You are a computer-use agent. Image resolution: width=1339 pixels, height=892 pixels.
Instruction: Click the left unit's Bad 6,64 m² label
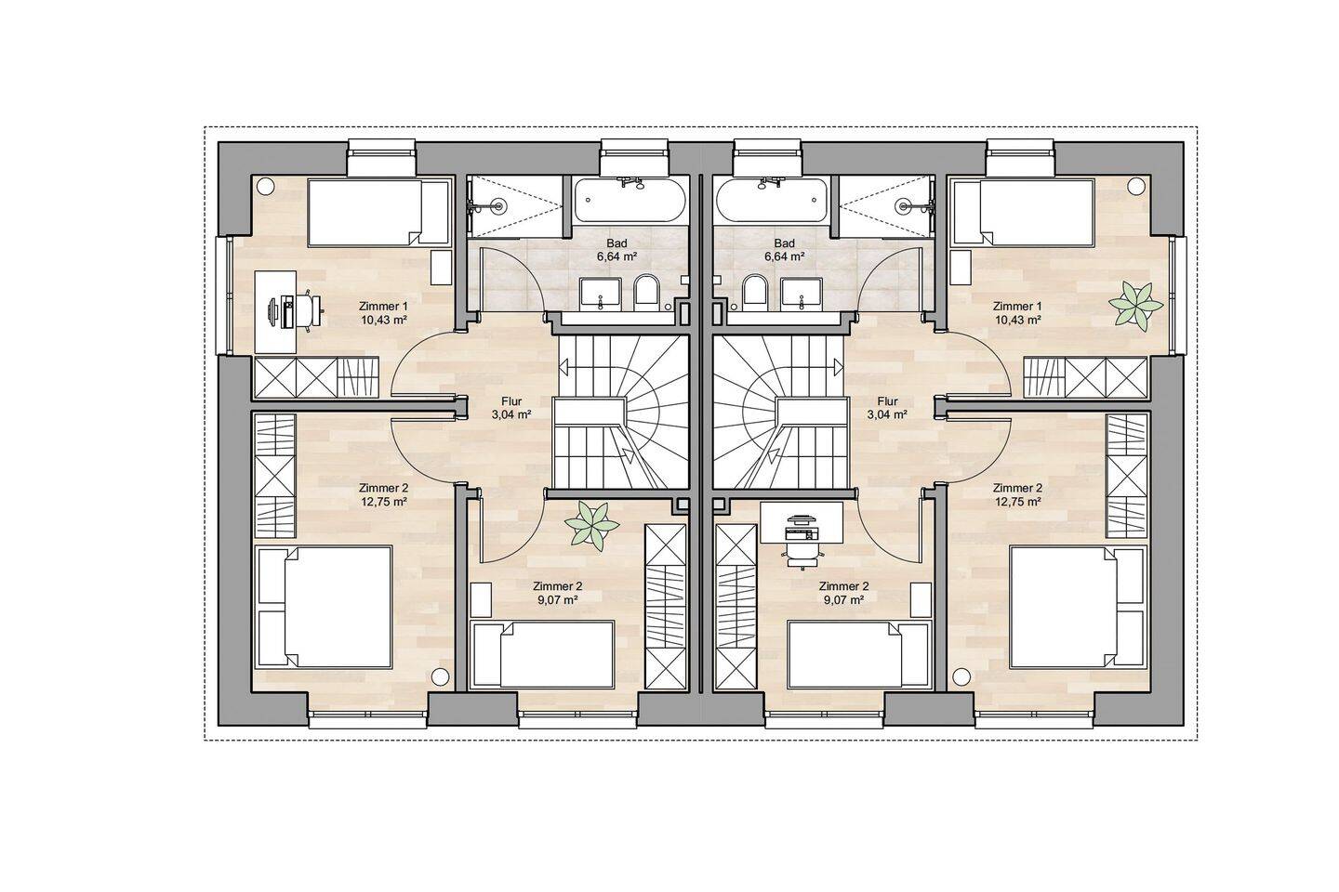[616, 250]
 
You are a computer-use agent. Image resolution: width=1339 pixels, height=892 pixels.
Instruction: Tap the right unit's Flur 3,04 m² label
[888, 408]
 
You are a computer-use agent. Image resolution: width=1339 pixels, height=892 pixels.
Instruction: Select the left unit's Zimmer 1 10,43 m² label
[383, 313]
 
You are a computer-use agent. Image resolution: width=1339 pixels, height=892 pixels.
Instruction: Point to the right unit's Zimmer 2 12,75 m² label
[1017, 494]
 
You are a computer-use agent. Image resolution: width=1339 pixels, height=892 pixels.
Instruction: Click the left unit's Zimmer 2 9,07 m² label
[557, 593]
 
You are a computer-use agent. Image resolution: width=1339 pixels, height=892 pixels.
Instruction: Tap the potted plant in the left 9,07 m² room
[592, 526]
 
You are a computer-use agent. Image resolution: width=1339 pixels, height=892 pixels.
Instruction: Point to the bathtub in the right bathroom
[772, 201]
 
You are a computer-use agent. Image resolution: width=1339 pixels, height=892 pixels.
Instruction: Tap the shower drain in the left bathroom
[498, 205]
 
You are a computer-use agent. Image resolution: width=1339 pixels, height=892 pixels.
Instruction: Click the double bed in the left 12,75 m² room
[324, 608]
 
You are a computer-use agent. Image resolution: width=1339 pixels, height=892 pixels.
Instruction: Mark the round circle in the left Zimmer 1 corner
[264, 186]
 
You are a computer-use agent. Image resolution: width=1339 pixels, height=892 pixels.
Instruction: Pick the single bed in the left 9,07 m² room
[542, 655]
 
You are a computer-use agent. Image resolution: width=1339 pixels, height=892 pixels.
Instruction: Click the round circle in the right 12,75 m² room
[960, 677]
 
